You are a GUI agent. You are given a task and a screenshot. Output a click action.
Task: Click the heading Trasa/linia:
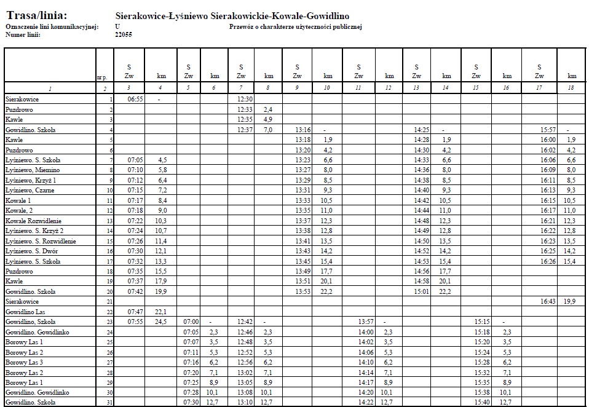[x=37, y=15]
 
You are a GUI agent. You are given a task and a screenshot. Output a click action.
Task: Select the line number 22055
[x=124, y=35]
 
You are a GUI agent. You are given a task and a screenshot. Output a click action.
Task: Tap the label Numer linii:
[x=23, y=35]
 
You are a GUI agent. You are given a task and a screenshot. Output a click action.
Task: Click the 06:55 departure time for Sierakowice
[x=135, y=99]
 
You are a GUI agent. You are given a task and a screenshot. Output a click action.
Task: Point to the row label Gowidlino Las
[x=25, y=312]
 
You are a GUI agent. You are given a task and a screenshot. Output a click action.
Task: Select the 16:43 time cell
[x=539, y=301]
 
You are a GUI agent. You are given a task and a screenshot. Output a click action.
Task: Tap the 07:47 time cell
[x=135, y=312]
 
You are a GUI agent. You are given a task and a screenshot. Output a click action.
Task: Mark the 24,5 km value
[x=161, y=322]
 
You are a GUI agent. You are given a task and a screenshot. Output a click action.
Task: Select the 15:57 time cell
[x=539, y=130]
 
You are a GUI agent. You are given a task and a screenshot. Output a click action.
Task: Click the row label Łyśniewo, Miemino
[x=31, y=170]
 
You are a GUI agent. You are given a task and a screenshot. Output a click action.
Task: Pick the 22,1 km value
[x=161, y=312]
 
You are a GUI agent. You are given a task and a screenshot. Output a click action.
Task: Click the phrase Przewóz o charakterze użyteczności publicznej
[x=296, y=27]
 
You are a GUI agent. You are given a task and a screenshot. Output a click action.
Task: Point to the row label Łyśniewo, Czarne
[x=30, y=190]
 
